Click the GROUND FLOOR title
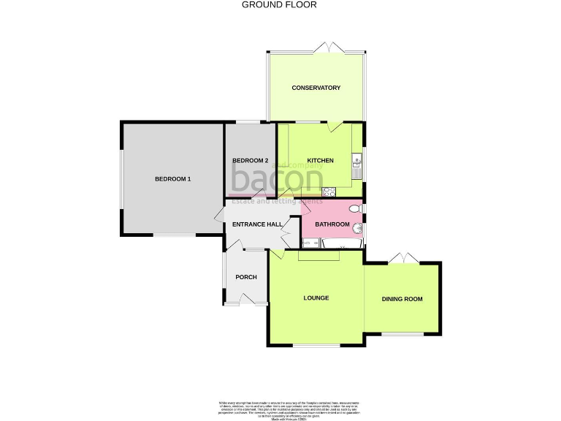coord(280,4)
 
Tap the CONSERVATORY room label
coord(316,88)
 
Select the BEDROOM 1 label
coord(172,179)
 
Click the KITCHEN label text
coord(320,161)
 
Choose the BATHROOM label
coord(332,224)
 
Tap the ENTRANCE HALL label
coord(256,224)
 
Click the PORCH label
coord(246,277)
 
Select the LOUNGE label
coord(316,298)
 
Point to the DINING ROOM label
coord(402,299)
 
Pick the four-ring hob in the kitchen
coord(329,192)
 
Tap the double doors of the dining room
coord(401,259)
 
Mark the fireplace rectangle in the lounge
coord(318,254)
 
